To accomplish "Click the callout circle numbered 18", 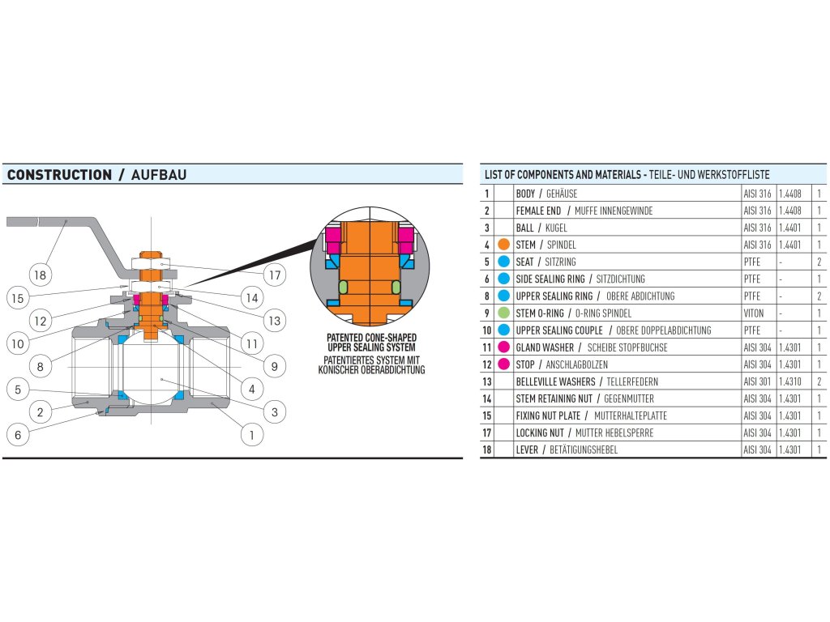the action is tap(41, 275).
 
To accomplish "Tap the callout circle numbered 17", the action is tap(275, 275).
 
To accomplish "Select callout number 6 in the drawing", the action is tap(18, 435).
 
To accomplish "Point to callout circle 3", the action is tap(275, 412).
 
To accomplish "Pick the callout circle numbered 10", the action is tap(18, 343).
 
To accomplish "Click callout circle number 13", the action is tap(275, 321).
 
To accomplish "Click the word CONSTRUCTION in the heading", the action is tap(59, 175).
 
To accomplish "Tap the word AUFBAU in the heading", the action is tap(159, 175).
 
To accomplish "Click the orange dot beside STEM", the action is tap(504, 245).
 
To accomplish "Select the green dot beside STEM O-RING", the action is tap(504, 313).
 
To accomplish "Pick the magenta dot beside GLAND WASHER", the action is tap(504, 347).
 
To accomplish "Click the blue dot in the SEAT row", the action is tap(504, 262).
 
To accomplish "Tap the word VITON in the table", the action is tap(753, 313).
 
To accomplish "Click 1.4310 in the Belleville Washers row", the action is tap(789, 381).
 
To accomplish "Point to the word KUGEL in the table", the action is tap(556, 228).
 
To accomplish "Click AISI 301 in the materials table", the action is tap(758, 381).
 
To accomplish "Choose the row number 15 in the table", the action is tap(487, 415).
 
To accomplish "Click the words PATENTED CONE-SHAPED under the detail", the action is tap(371, 338).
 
